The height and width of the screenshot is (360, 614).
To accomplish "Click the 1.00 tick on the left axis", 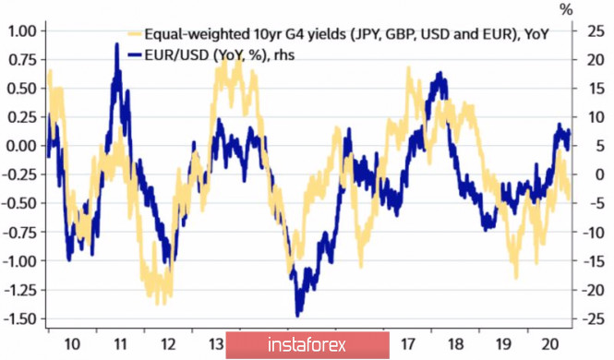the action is coord(21,30).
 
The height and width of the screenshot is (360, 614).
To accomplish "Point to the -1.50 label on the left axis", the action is coord(19,318).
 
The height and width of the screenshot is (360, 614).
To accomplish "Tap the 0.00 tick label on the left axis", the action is coord(21,146).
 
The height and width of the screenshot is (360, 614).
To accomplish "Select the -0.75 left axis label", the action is coord(19,233).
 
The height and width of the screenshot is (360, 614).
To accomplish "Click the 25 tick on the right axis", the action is coord(596,30).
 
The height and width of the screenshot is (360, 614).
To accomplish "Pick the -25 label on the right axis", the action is coord(593,318).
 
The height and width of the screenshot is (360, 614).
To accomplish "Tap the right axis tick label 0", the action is coord(600,174).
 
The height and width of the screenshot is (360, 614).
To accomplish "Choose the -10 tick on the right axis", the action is coord(593,233).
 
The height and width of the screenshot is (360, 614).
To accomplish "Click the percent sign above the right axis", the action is coord(566,10).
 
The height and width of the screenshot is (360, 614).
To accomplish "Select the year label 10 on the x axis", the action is coord(72,344).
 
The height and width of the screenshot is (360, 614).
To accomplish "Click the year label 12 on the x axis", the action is coord(168,344).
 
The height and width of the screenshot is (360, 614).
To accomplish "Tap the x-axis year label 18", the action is coord(455,344).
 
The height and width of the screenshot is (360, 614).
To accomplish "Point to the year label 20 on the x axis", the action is coord(550,344).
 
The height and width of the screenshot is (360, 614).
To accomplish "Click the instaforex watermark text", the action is coord(307,345).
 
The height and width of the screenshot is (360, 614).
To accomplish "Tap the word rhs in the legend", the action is coord(283,55).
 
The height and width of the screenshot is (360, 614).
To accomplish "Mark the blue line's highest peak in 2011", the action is coord(116,44).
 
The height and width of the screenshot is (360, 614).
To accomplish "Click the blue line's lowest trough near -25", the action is coord(297,315).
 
